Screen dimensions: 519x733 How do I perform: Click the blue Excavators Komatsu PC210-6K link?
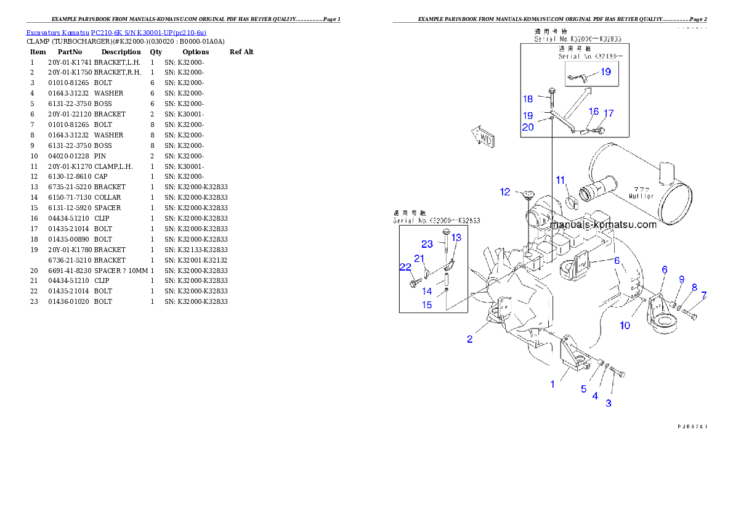(116, 32)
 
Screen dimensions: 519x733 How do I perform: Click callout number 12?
(505, 192)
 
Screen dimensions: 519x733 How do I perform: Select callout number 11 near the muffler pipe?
(561, 180)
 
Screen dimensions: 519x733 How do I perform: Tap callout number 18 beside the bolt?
(528, 99)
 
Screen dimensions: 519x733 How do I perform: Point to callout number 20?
(528, 127)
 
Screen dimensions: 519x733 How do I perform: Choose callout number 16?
(594, 112)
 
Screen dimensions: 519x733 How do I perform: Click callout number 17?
(609, 113)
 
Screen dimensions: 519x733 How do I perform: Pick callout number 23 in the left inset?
(427, 244)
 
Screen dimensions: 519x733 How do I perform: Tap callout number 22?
(405, 267)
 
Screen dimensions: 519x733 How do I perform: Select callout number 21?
(419, 258)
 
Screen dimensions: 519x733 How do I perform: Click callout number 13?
(456, 237)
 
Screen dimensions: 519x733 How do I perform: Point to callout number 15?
(427, 305)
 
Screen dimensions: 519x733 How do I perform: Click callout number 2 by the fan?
(470, 339)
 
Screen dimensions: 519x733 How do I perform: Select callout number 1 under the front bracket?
(553, 384)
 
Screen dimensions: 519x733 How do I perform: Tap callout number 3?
(609, 403)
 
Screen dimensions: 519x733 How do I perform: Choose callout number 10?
(625, 325)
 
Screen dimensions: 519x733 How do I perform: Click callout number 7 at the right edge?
(703, 295)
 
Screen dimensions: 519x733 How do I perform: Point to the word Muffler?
(641, 197)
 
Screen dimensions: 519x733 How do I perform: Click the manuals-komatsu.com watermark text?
(604, 225)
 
